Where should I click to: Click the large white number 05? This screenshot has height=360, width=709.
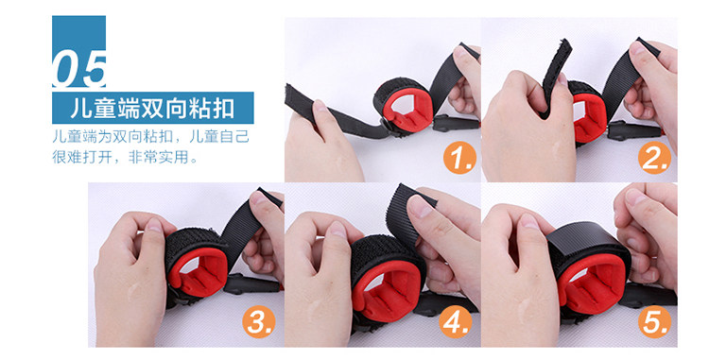(79, 69)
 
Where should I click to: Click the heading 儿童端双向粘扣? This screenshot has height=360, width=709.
(152, 109)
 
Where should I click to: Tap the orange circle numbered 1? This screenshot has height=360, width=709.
(459, 158)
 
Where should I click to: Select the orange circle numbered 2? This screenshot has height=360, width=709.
(654, 158)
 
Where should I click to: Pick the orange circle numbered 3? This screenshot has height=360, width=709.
(259, 322)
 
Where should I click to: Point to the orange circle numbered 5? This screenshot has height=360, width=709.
(654, 322)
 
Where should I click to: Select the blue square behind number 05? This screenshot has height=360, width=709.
(79, 51)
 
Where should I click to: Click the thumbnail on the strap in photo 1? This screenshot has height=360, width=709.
(320, 106)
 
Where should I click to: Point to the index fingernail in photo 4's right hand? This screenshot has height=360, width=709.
(420, 207)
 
